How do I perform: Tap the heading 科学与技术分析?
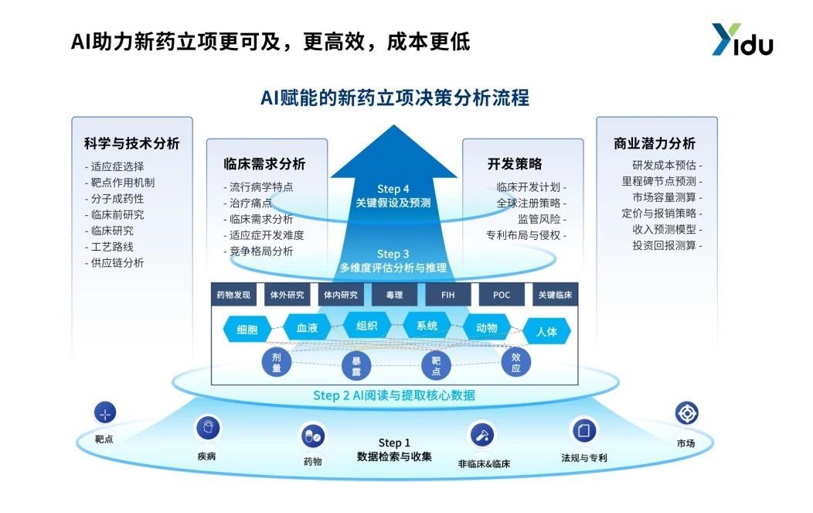click(131, 144)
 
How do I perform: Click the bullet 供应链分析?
click(117, 263)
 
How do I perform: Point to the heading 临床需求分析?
click(264, 164)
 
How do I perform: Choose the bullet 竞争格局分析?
click(261, 251)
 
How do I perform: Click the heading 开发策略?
click(515, 164)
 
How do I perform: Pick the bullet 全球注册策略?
click(531, 203)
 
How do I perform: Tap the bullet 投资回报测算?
click(667, 246)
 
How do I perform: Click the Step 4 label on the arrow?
click(393, 189)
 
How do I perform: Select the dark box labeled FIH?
click(447, 295)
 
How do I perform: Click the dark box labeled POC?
click(502, 295)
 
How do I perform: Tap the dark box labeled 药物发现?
click(233, 295)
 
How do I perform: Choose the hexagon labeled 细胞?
click(247, 330)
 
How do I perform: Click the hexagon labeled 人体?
click(546, 331)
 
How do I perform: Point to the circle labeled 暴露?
click(357, 366)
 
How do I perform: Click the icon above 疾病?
click(206, 427)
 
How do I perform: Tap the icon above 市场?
click(686, 413)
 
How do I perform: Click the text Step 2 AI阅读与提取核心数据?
click(393, 395)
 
